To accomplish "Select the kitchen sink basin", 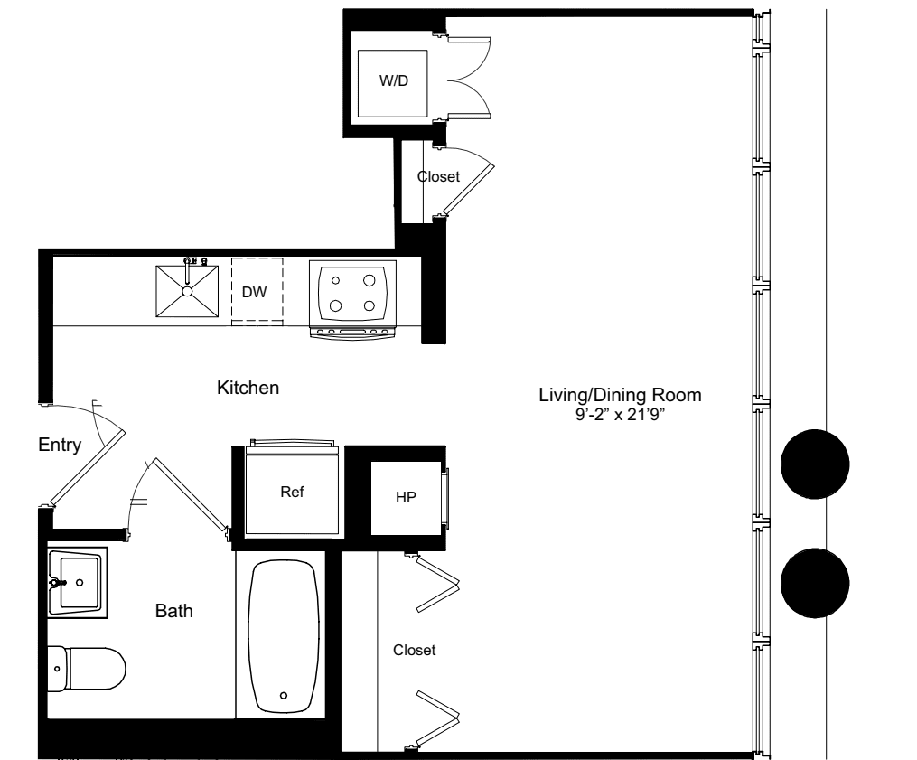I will [x=187, y=291].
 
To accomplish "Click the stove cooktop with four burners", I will [x=352, y=292].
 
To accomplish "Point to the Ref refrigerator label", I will [x=292, y=493].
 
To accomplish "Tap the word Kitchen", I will [x=248, y=389].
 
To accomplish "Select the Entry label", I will [x=60, y=445].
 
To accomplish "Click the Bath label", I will [x=174, y=611].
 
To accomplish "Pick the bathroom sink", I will [x=77, y=581].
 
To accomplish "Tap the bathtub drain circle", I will [x=284, y=695].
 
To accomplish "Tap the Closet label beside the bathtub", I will [x=415, y=650].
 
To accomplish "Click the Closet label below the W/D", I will [x=438, y=177].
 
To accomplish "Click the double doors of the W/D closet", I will [x=467, y=80].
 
